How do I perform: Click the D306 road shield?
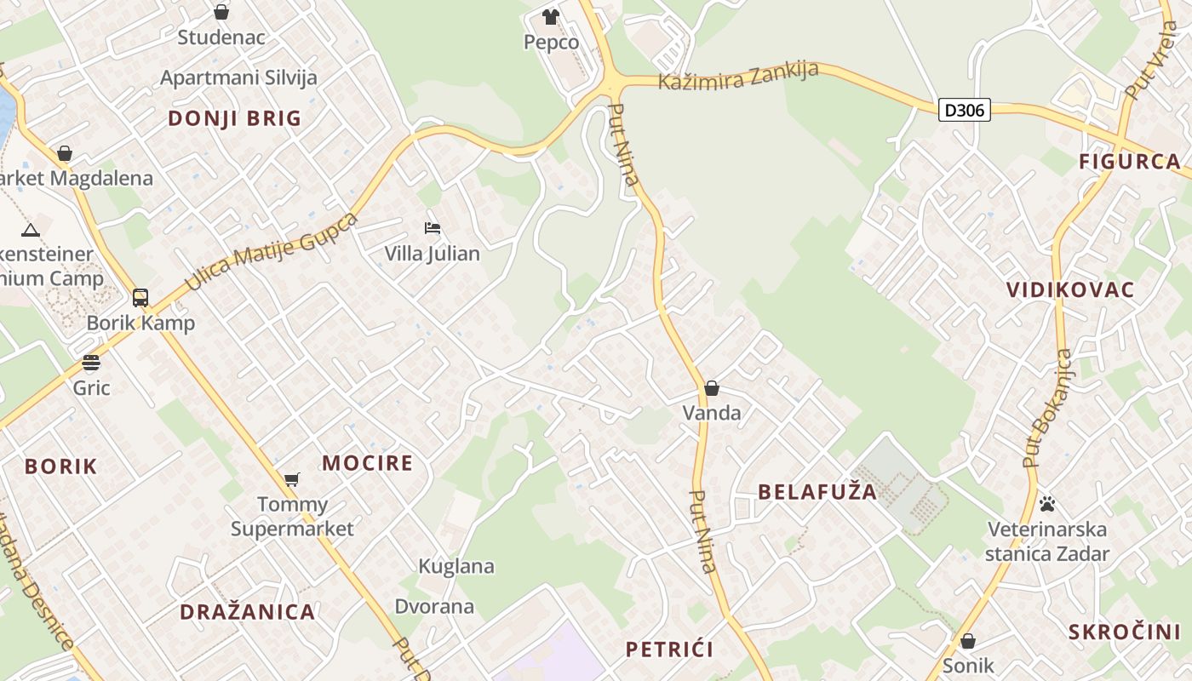coord(965,110)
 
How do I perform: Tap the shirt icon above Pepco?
coord(551,16)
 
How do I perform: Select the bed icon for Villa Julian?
coord(433,228)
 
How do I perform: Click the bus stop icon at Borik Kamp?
coord(140,298)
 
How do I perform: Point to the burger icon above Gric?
coord(91,363)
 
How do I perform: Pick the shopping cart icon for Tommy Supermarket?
coord(292,479)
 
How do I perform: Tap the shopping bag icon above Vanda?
coord(712,389)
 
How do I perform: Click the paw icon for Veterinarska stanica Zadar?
coord(1047,504)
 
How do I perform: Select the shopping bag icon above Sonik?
coord(967,641)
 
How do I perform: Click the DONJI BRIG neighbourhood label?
coord(235,118)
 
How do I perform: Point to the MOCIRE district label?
coord(367,463)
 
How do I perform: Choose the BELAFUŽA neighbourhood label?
coord(817,492)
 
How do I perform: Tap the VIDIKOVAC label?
coord(1070,289)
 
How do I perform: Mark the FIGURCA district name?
coord(1130,162)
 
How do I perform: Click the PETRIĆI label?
coord(670,650)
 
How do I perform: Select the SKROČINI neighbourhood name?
coord(1125,632)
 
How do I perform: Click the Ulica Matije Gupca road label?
coord(272,252)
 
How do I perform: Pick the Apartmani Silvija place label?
coord(238,77)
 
